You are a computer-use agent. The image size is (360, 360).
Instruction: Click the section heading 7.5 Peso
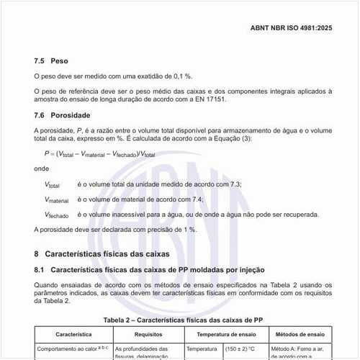click(x=50, y=61)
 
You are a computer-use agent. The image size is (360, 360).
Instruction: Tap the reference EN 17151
click(x=207, y=99)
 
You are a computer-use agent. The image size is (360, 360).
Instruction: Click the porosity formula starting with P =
click(x=100, y=153)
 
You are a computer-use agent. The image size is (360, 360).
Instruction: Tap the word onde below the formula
click(x=42, y=168)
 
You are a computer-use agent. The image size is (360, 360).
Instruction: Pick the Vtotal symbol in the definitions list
click(x=55, y=184)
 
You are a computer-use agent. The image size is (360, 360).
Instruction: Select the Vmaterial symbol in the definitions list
click(x=58, y=199)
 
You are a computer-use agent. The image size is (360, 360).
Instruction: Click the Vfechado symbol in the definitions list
click(x=58, y=215)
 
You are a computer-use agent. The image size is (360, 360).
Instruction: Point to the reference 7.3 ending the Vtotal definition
click(x=235, y=184)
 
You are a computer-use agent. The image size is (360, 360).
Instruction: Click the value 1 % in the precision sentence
click(x=188, y=229)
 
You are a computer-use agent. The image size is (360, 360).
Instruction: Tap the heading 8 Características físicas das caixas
click(x=101, y=254)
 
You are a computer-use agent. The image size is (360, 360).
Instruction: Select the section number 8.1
click(x=40, y=269)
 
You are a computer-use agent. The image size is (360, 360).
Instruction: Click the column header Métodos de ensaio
click(x=301, y=334)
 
